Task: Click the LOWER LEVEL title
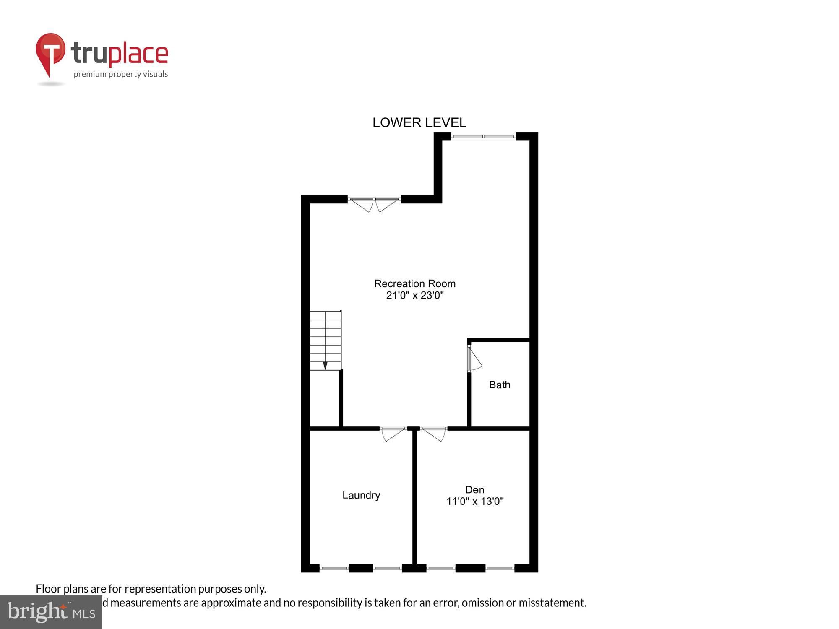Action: point(419,122)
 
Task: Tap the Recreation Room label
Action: point(414,283)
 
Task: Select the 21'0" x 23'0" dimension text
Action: point(414,295)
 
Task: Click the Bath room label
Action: point(500,385)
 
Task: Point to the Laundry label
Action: point(361,495)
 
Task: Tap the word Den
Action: point(474,489)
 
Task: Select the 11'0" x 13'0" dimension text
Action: point(474,501)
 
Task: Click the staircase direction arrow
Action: point(325,365)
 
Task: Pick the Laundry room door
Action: point(393,434)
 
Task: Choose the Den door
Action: point(434,434)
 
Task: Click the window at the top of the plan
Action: point(483,136)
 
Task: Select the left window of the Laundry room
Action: point(334,568)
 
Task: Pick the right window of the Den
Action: point(500,568)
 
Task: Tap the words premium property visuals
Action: point(121,74)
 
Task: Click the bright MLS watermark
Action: point(51,612)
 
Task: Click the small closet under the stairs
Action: point(324,398)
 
